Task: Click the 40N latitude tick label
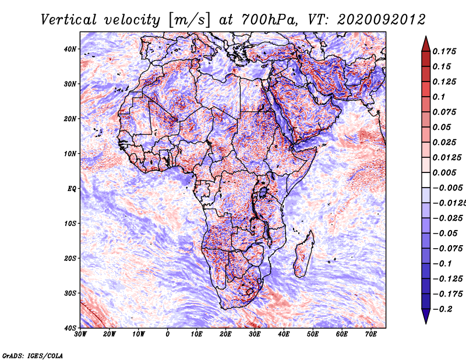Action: [x=69, y=49]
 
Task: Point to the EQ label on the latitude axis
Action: [x=72, y=189]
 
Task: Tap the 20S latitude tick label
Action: [x=70, y=258]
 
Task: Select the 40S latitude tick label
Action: [x=70, y=328]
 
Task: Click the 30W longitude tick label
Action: [x=80, y=334]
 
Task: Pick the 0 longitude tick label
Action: [x=168, y=334]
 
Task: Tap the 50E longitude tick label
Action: [x=313, y=334]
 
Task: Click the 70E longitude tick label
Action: [x=370, y=334]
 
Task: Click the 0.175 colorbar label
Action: [x=444, y=52]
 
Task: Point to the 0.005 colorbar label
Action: [x=444, y=172]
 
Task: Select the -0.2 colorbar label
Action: [x=442, y=309]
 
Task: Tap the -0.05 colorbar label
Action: [x=445, y=234]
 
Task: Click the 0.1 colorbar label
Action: [x=439, y=97]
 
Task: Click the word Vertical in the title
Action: [x=68, y=20]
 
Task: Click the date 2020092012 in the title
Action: [x=382, y=20]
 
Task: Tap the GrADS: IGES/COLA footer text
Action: [x=33, y=355]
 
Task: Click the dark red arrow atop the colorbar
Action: [x=426, y=44]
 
